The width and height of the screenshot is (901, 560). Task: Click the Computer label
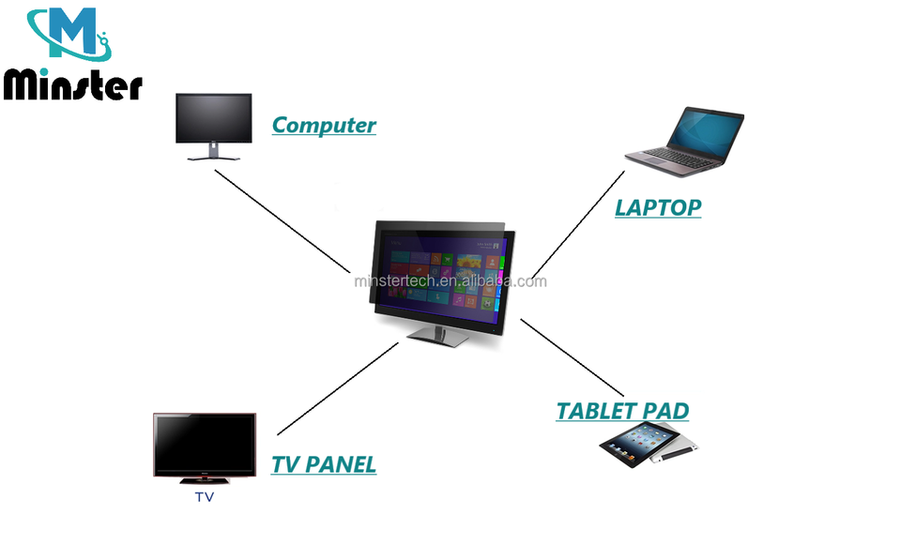tap(324, 125)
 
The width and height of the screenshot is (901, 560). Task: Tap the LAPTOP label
tap(657, 207)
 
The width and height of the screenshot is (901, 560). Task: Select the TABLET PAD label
tap(622, 411)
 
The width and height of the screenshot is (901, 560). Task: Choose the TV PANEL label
tap(324, 463)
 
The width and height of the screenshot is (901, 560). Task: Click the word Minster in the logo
tap(72, 84)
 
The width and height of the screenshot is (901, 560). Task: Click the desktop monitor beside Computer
tap(213, 119)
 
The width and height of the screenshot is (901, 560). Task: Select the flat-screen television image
tap(204, 446)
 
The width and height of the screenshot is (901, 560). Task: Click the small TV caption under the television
tap(204, 497)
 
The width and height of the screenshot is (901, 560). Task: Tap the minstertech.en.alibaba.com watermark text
tap(450, 280)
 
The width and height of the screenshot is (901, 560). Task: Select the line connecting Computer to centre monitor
tap(282, 220)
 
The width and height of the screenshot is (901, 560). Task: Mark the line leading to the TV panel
tap(338, 387)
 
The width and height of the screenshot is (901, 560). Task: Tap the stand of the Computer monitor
tap(213, 154)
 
